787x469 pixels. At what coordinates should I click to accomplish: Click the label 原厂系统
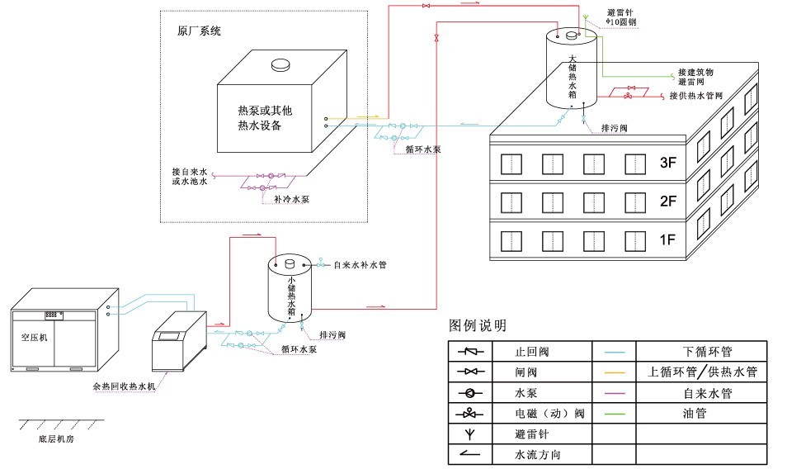(199, 31)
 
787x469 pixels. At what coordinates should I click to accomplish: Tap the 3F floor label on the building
(667, 163)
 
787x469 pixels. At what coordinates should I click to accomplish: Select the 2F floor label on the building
(667, 201)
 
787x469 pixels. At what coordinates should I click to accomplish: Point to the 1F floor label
(667, 240)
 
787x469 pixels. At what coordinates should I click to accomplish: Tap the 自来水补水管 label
(361, 266)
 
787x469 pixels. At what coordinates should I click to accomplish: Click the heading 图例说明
(477, 325)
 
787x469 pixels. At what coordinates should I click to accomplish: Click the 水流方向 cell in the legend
(537, 454)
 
